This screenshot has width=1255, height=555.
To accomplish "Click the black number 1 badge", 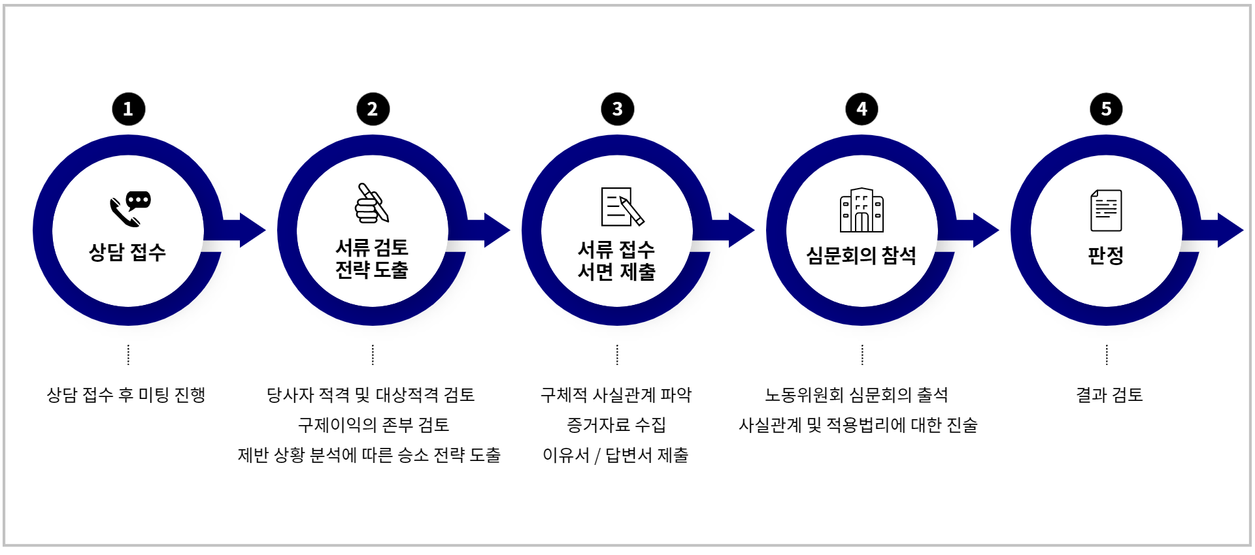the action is click(x=128, y=109).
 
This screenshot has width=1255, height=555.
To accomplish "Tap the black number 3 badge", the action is click(x=617, y=109).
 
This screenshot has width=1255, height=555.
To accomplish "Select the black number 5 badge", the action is click(x=1106, y=109).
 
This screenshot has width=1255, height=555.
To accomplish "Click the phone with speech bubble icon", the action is click(x=130, y=209).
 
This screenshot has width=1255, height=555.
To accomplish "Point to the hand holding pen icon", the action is click(x=372, y=202).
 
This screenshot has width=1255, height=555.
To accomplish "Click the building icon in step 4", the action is click(x=862, y=210).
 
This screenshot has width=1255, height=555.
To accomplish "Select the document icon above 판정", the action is click(x=1106, y=210).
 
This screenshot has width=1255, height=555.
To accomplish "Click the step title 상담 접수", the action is click(x=127, y=252).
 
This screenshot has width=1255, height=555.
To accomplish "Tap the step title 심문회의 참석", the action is click(x=862, y=255).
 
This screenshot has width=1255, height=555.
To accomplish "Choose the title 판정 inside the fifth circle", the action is click(x=1106, y=255).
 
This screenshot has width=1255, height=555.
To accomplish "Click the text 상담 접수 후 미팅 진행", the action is click(x=126, y=395).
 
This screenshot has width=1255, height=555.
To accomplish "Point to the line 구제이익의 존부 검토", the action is click(x=373, y=425).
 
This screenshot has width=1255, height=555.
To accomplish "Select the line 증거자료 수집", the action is click(x=616, y=425).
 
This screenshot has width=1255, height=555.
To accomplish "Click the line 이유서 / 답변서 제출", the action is click(x=616, y=455).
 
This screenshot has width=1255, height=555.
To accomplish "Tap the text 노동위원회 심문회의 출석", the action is click(x=856, y=395).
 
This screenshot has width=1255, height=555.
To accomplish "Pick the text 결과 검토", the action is click(x=1109, y=395).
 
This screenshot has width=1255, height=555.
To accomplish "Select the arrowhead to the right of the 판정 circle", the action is click(x=1230, y=230).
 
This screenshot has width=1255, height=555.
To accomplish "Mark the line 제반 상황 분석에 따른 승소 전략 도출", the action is click(x=369, y=455).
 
